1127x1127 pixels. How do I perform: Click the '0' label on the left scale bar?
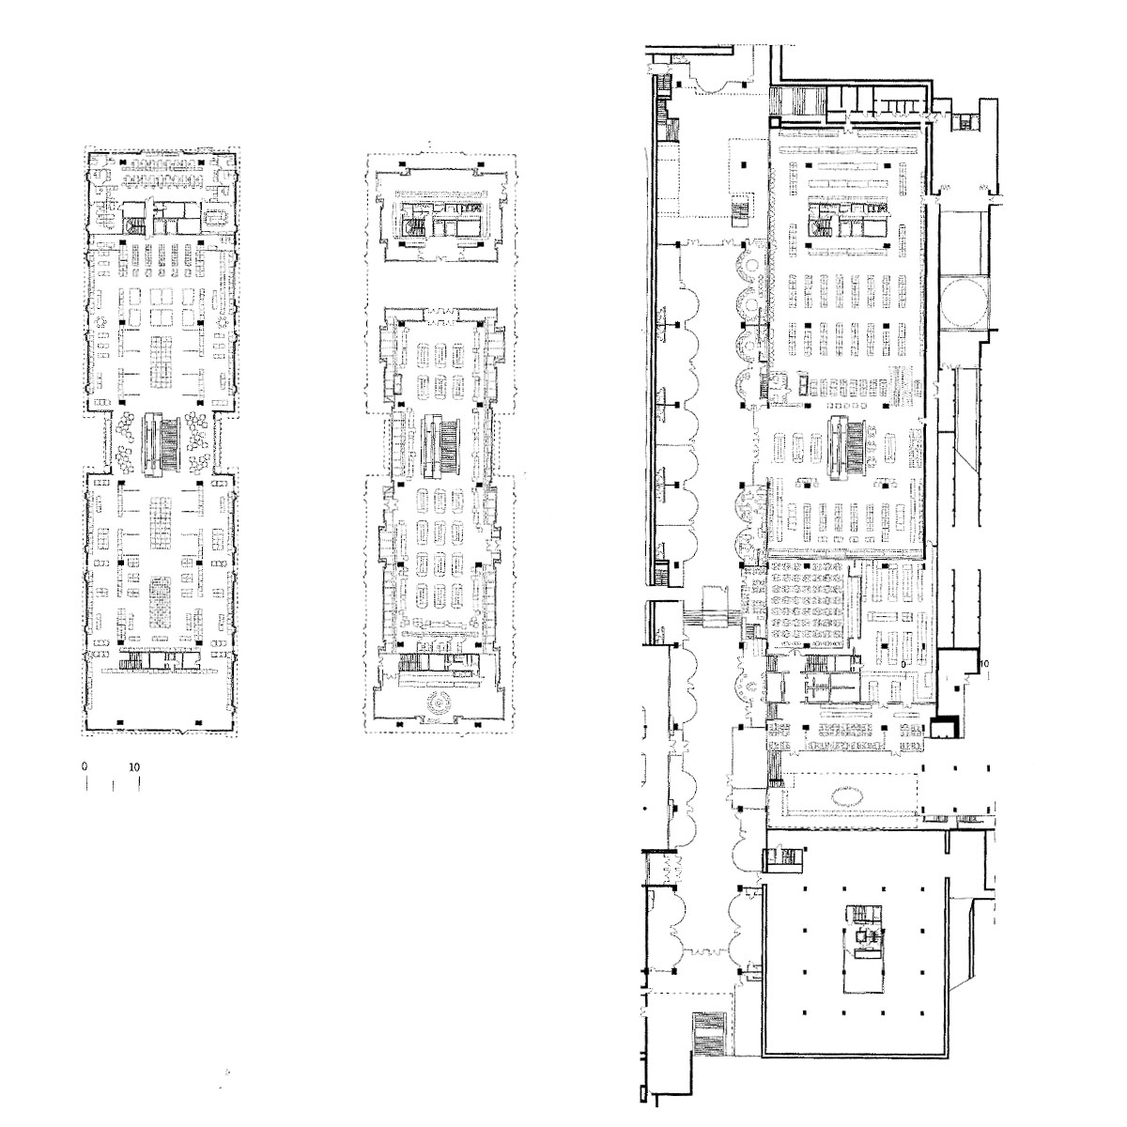coord(85,766)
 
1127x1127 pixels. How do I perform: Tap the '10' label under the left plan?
coord(134,766)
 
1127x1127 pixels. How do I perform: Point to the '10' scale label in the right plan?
coord(983,664)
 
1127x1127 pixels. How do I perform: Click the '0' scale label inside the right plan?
coord(903,664)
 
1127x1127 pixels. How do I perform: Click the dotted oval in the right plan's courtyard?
coord(847,795)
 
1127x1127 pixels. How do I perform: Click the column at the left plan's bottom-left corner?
coord(120,723)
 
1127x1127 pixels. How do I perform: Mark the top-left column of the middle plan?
coord(401,165)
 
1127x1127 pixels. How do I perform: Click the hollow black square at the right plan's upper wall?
coord(774,122)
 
